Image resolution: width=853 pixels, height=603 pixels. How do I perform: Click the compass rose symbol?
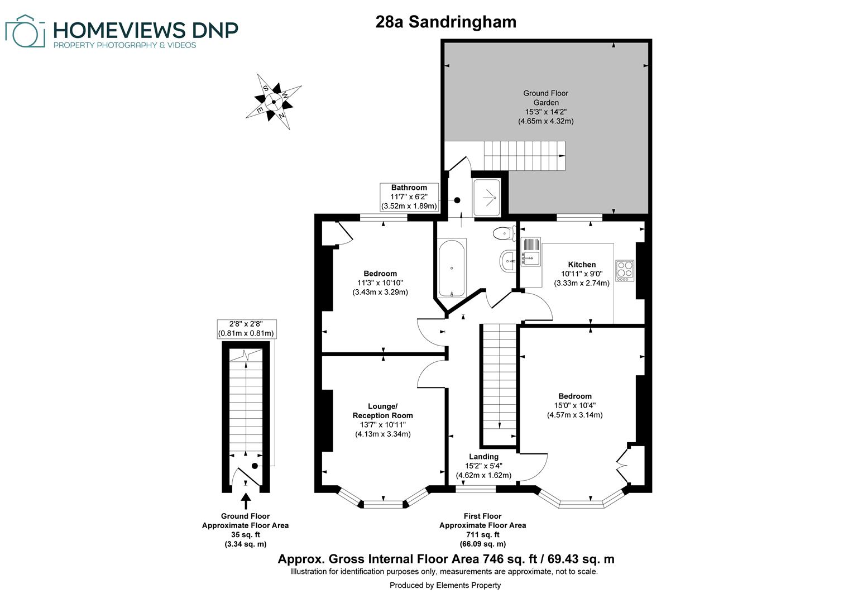[274, 102]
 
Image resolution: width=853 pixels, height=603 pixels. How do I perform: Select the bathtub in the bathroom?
[452, 269]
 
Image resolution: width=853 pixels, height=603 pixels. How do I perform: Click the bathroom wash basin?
[507, 260]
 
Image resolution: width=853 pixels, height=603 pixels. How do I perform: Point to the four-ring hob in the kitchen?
[624, 270]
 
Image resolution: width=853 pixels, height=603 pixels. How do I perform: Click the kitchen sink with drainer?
[530, 252]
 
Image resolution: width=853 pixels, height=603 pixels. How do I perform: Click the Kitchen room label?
[582, 265]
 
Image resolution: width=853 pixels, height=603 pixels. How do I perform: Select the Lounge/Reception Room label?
[382, 410]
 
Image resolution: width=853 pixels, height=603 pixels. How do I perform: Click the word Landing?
[483, 457]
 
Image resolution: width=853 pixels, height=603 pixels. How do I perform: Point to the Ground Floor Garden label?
[545, 98]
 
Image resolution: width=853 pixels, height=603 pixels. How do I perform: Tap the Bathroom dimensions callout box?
[409, 197]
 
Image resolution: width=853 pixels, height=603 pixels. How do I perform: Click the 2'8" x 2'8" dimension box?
[246, 329]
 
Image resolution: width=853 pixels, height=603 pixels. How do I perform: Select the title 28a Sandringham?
[445, 22]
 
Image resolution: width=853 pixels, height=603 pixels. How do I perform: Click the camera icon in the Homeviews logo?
[25, 32]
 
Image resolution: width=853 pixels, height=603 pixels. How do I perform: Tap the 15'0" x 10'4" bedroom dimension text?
[574, 405]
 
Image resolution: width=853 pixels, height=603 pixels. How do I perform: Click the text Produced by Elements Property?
[445, 585]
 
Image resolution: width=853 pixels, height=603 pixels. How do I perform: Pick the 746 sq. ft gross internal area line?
[445, 559]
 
